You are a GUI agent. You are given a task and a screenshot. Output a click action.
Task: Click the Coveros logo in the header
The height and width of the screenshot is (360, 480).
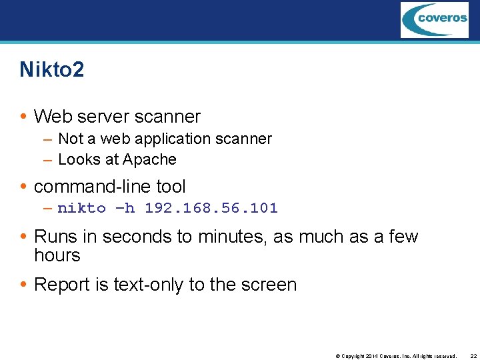pos(434,19)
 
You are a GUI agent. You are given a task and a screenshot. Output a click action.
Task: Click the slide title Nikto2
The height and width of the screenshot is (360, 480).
pos(51,69)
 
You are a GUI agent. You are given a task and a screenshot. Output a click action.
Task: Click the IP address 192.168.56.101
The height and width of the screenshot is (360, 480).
pos(211,208)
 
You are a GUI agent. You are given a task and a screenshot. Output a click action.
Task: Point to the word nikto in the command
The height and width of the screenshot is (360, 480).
pos(81,208)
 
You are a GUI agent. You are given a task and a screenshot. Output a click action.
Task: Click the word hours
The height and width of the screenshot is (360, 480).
pos(57,255)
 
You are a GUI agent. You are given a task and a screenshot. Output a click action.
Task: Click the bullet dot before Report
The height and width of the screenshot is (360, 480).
pos(23,285)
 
